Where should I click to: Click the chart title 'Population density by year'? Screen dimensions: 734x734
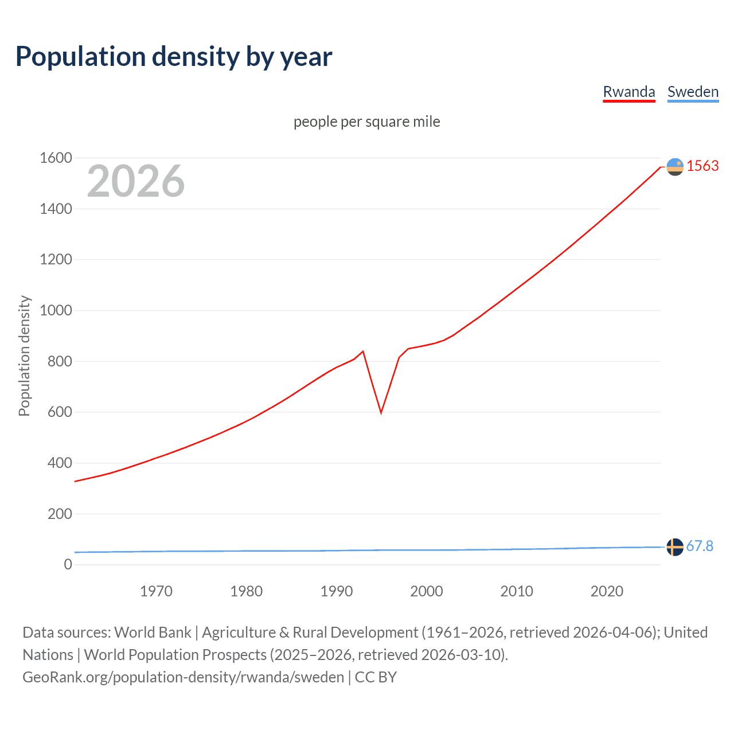pyautogui.click(x=174, y=56)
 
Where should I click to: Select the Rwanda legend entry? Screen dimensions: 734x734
pyautogui.click(x=628, y=92)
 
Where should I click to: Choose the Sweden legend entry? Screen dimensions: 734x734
pyautogui.click(x=693, y=92)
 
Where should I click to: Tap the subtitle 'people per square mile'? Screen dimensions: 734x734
pyautogui.click(x=367, y=122)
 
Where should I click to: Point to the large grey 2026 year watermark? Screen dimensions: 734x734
pyautogui.click(x=136, y=181)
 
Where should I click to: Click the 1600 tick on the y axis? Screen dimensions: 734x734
pyautogui.click(x=56, y=158)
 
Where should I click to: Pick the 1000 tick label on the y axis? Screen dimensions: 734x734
pyautogui.click(x=56, y=310)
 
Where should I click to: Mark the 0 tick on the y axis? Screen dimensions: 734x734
pyautogui.click(x=68, y=564)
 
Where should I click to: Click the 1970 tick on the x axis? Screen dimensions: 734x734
pyautogui.click(x=156, y=591)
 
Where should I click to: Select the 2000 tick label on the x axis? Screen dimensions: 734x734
pyautogui.click(x=427, y=591)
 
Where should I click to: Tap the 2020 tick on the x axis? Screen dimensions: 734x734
pyautogui.click(x=607, y=591)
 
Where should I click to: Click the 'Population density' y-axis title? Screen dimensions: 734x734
pyautogui.click(x=24, y=356)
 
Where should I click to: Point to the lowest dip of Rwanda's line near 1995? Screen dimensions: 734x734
pyautogui.click(x=381, y=412)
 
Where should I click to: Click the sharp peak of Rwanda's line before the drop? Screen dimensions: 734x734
pyautogui.click(x=363, y=352)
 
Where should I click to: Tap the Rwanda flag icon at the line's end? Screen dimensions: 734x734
pyautogui.click(x=675, y=166)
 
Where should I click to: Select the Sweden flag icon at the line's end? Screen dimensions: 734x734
pyautogui.click(x=675, y=547)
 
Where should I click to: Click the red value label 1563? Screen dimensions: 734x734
pyautogui.click(x=702, y=166)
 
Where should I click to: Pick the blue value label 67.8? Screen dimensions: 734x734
pyautogui.click(x=700, y=546)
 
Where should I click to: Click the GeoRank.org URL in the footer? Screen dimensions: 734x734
pyautogui.click(x=183, y=677)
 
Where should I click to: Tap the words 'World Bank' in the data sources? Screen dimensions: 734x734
pyautogui.click(x=153, y=632)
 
